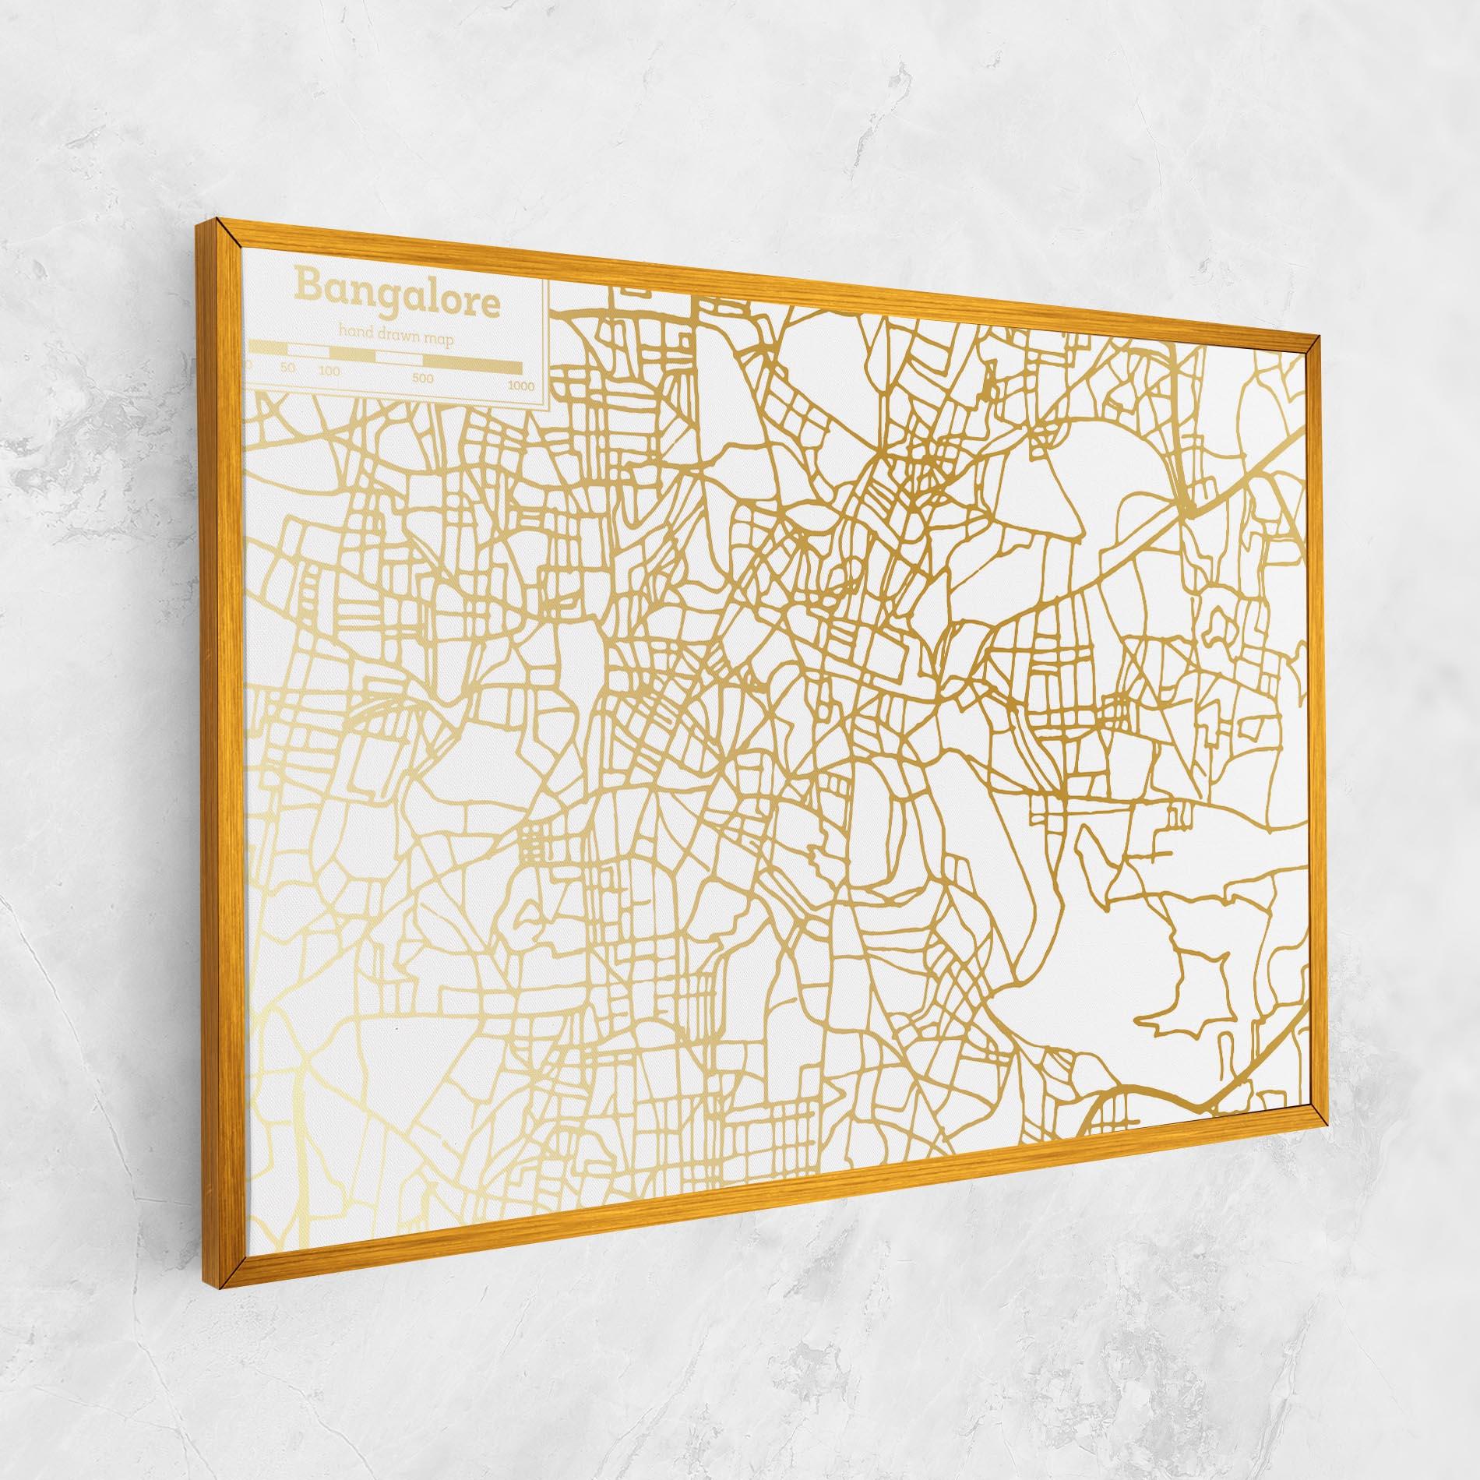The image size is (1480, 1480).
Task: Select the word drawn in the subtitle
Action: click(399, 336)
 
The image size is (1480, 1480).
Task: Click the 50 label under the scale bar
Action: click(287, 368)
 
